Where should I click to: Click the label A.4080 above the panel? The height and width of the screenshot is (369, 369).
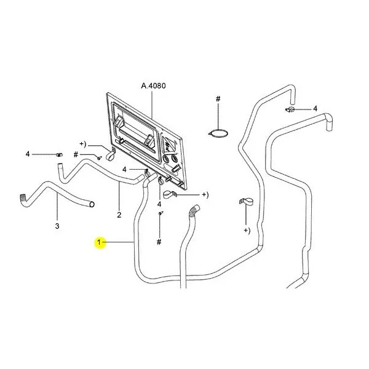coord(153,86)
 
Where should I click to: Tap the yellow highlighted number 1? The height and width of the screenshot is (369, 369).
coord(99,242)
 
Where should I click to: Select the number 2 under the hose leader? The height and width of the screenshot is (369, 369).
coord(119,215)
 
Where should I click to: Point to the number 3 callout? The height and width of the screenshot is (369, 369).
coord(57,226)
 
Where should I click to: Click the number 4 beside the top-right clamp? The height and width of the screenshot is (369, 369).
coord(315,108)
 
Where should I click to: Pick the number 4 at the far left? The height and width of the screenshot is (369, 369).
coord(28,154)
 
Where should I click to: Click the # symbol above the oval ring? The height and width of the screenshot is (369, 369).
coord(218,98)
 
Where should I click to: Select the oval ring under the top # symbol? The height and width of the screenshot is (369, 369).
coord(218,133)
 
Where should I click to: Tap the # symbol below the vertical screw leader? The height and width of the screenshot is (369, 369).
coord(159,242)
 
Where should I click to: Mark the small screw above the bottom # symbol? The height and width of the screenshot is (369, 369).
coord(161,213)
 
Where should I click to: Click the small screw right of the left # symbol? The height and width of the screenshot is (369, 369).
coord(99,157)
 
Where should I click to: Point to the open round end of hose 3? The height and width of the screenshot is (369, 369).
coord(92,204)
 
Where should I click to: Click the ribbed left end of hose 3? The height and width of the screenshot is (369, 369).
coord(23,197)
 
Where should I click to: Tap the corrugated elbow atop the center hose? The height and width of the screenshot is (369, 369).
coord(194,210)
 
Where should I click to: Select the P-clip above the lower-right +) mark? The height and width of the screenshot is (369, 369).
coord(245,202)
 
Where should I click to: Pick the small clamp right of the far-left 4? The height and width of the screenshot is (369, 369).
coord(59,154)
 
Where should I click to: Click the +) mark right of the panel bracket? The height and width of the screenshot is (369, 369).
coord(205,195)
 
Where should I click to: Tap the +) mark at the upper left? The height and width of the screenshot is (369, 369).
coord(83,144)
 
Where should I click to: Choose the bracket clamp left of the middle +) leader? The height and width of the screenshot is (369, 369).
coord(170,194)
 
